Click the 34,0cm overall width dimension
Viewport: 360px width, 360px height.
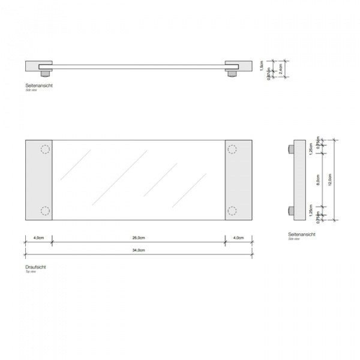pos(138,250)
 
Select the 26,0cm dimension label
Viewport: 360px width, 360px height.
pos(138,238)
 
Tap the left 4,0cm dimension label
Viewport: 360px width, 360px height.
pos(39,238)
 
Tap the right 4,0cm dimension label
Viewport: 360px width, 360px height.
pos(238,238)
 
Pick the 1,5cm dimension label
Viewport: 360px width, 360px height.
pos(262,64)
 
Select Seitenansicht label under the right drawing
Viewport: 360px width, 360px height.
pos(301,235)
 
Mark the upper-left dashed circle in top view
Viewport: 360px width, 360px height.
pos(44,150)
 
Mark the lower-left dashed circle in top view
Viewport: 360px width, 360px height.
pos(44,211)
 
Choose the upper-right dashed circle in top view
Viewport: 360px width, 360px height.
pos(232,150)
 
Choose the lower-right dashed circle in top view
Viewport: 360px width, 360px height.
pos(232,211)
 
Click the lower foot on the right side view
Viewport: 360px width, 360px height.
pos(290,211)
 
